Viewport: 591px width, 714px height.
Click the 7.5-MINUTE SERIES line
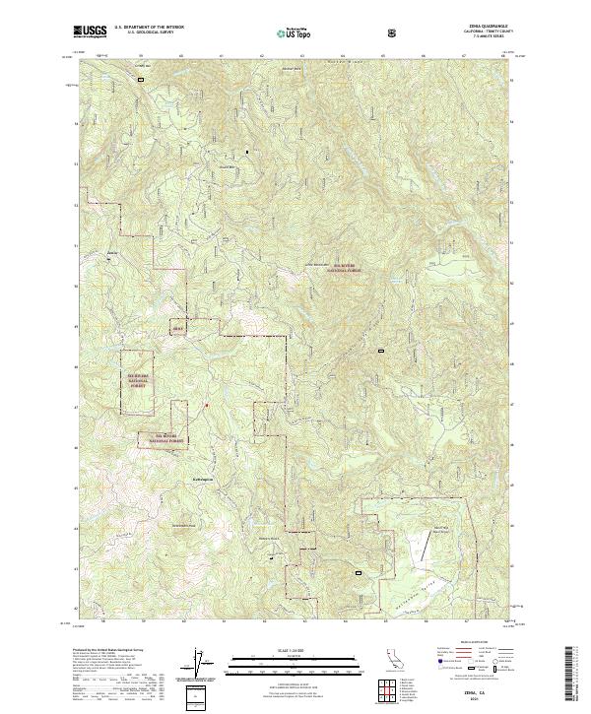point(474,39)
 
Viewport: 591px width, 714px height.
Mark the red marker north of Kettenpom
point(206,405)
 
